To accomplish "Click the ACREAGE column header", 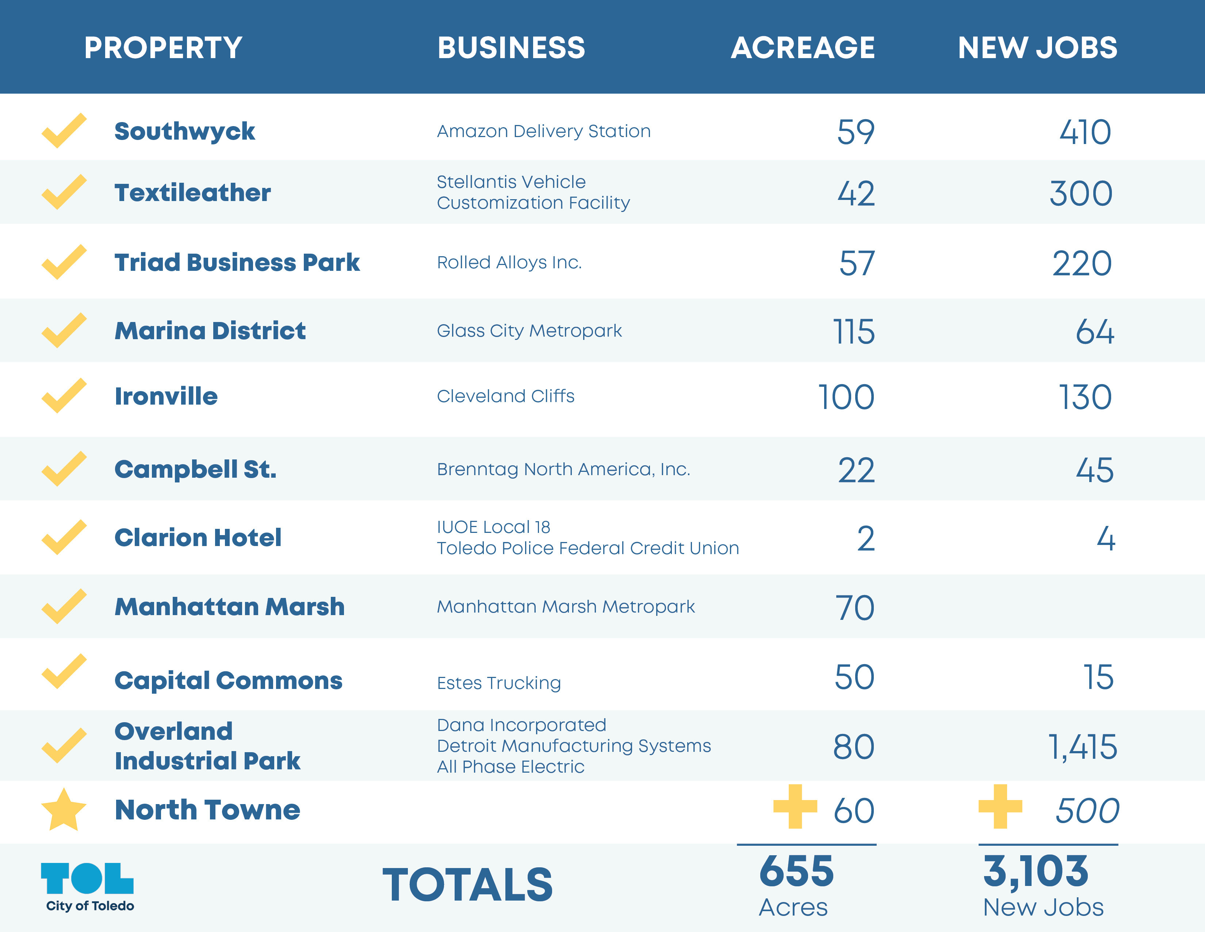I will pos(802,48).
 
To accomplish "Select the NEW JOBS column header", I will pos(1037,48).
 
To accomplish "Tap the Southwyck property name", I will pos(184,132).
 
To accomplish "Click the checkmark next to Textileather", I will pos(64,192).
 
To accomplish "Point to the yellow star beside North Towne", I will pos(64,810).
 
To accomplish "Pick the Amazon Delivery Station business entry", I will pos(543,132).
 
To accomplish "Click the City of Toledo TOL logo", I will pos(88,886).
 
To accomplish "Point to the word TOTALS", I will pos(467,885).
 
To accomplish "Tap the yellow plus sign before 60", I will pos(795,807).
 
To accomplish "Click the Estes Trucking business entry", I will pos(499,683).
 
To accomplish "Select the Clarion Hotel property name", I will pos(198,538).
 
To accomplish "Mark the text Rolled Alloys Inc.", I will pos(509,262).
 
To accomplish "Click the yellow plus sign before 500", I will pos(1000,807).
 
